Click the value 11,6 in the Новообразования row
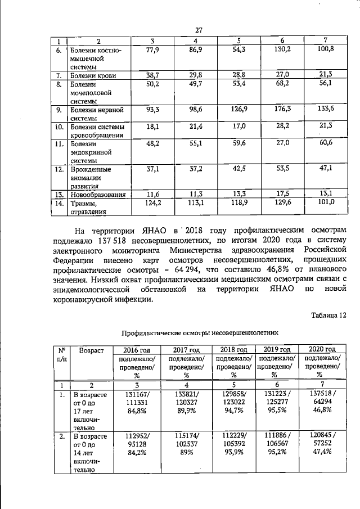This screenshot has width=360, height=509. click(x=150, y=194)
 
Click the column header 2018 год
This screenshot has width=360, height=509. click(x=233, y=349)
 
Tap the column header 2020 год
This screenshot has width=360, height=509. click(x=319, y=349)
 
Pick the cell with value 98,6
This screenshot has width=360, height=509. click(x=195, y=109)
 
